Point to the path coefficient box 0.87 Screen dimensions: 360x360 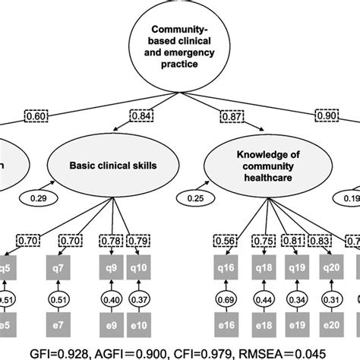(232, 115)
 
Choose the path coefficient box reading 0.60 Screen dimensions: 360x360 (36, 115)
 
